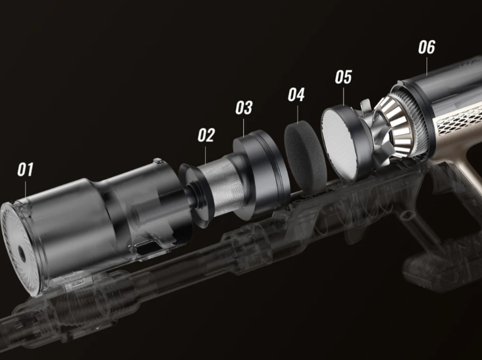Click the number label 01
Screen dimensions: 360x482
26,170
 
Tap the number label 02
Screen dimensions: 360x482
207,135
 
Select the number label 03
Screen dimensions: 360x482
244,107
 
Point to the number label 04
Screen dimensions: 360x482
296,94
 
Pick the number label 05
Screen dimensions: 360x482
343,77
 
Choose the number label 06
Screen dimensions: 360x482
426,47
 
